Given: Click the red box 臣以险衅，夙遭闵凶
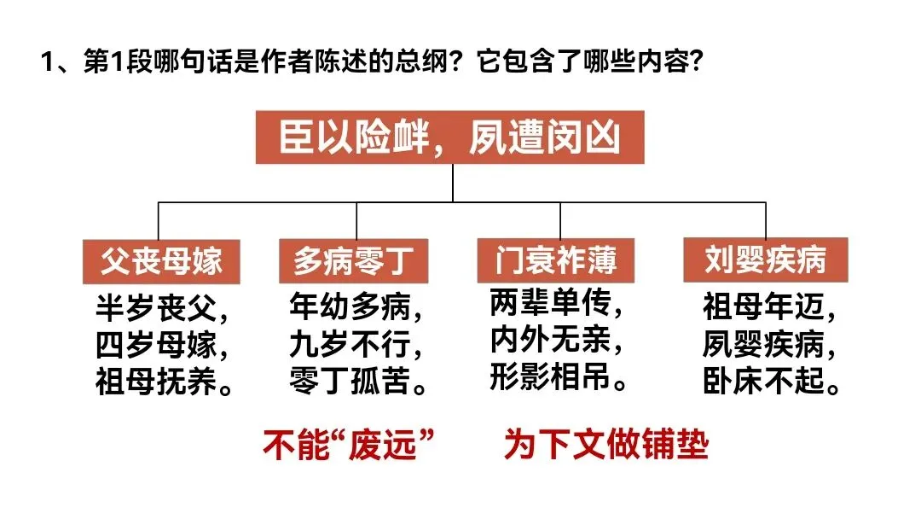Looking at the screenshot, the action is (x=451, y=137).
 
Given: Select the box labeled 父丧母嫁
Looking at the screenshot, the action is (x=160, y=260).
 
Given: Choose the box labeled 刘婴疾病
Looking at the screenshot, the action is (x=765, y=259).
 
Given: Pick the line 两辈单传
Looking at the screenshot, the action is (x=556, y=303).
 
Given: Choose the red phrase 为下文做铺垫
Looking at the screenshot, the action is (x=605, y=445).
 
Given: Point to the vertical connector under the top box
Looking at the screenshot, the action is (x=453, y=183).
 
